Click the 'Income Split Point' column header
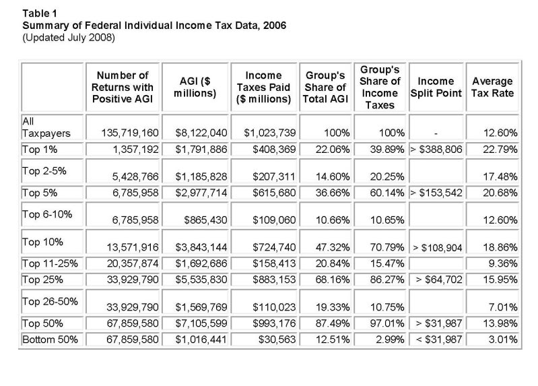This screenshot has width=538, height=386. (436, 87)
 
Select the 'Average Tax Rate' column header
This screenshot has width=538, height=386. (492, 87)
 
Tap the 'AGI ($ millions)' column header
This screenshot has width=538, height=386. (195, 87)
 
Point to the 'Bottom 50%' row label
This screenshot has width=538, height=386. (50, 340)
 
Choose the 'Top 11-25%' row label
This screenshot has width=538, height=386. (50, 263)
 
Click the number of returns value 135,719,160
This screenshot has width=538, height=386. (130, 133)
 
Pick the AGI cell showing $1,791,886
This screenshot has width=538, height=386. (201, 150)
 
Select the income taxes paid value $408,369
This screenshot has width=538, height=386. (274, 150)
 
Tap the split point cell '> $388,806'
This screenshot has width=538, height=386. (436, 150)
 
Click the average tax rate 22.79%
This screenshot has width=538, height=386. (500, 150)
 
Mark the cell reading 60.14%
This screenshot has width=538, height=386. (387, 193)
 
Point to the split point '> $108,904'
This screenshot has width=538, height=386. (438, 247)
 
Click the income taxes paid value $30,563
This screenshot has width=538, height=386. (277, 340)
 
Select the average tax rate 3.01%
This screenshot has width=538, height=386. (503, 340)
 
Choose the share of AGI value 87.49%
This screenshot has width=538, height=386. (333, 323)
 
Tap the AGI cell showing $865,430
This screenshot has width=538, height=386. (205, 220)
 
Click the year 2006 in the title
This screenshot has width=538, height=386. (275, 26)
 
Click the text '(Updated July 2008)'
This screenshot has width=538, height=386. (69, 38)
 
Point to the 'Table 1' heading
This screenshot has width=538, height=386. (40, 13)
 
